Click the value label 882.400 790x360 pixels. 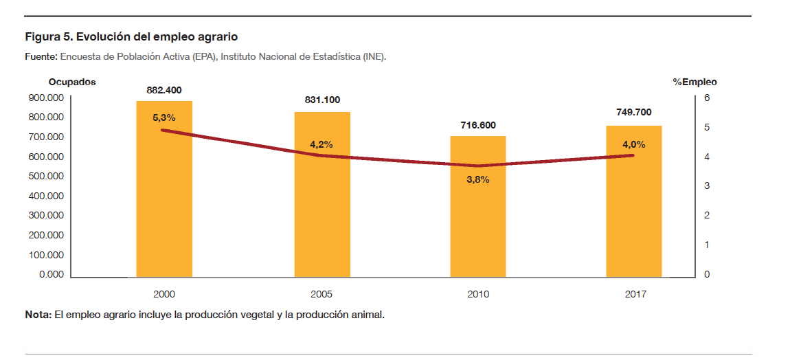click(164, 90)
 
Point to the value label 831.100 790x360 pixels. click(322, 100)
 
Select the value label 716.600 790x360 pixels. click(477, 125)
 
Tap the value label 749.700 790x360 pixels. click(633, 113)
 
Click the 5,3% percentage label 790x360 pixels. click(164, 117)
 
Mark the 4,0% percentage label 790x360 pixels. click(633, 144)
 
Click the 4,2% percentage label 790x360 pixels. click(321, 144)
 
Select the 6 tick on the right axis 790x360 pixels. click(708, 98)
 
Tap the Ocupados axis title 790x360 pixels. click(72, 82)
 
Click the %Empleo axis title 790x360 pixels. click(695, 82)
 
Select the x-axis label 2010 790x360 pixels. click(477, 294)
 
